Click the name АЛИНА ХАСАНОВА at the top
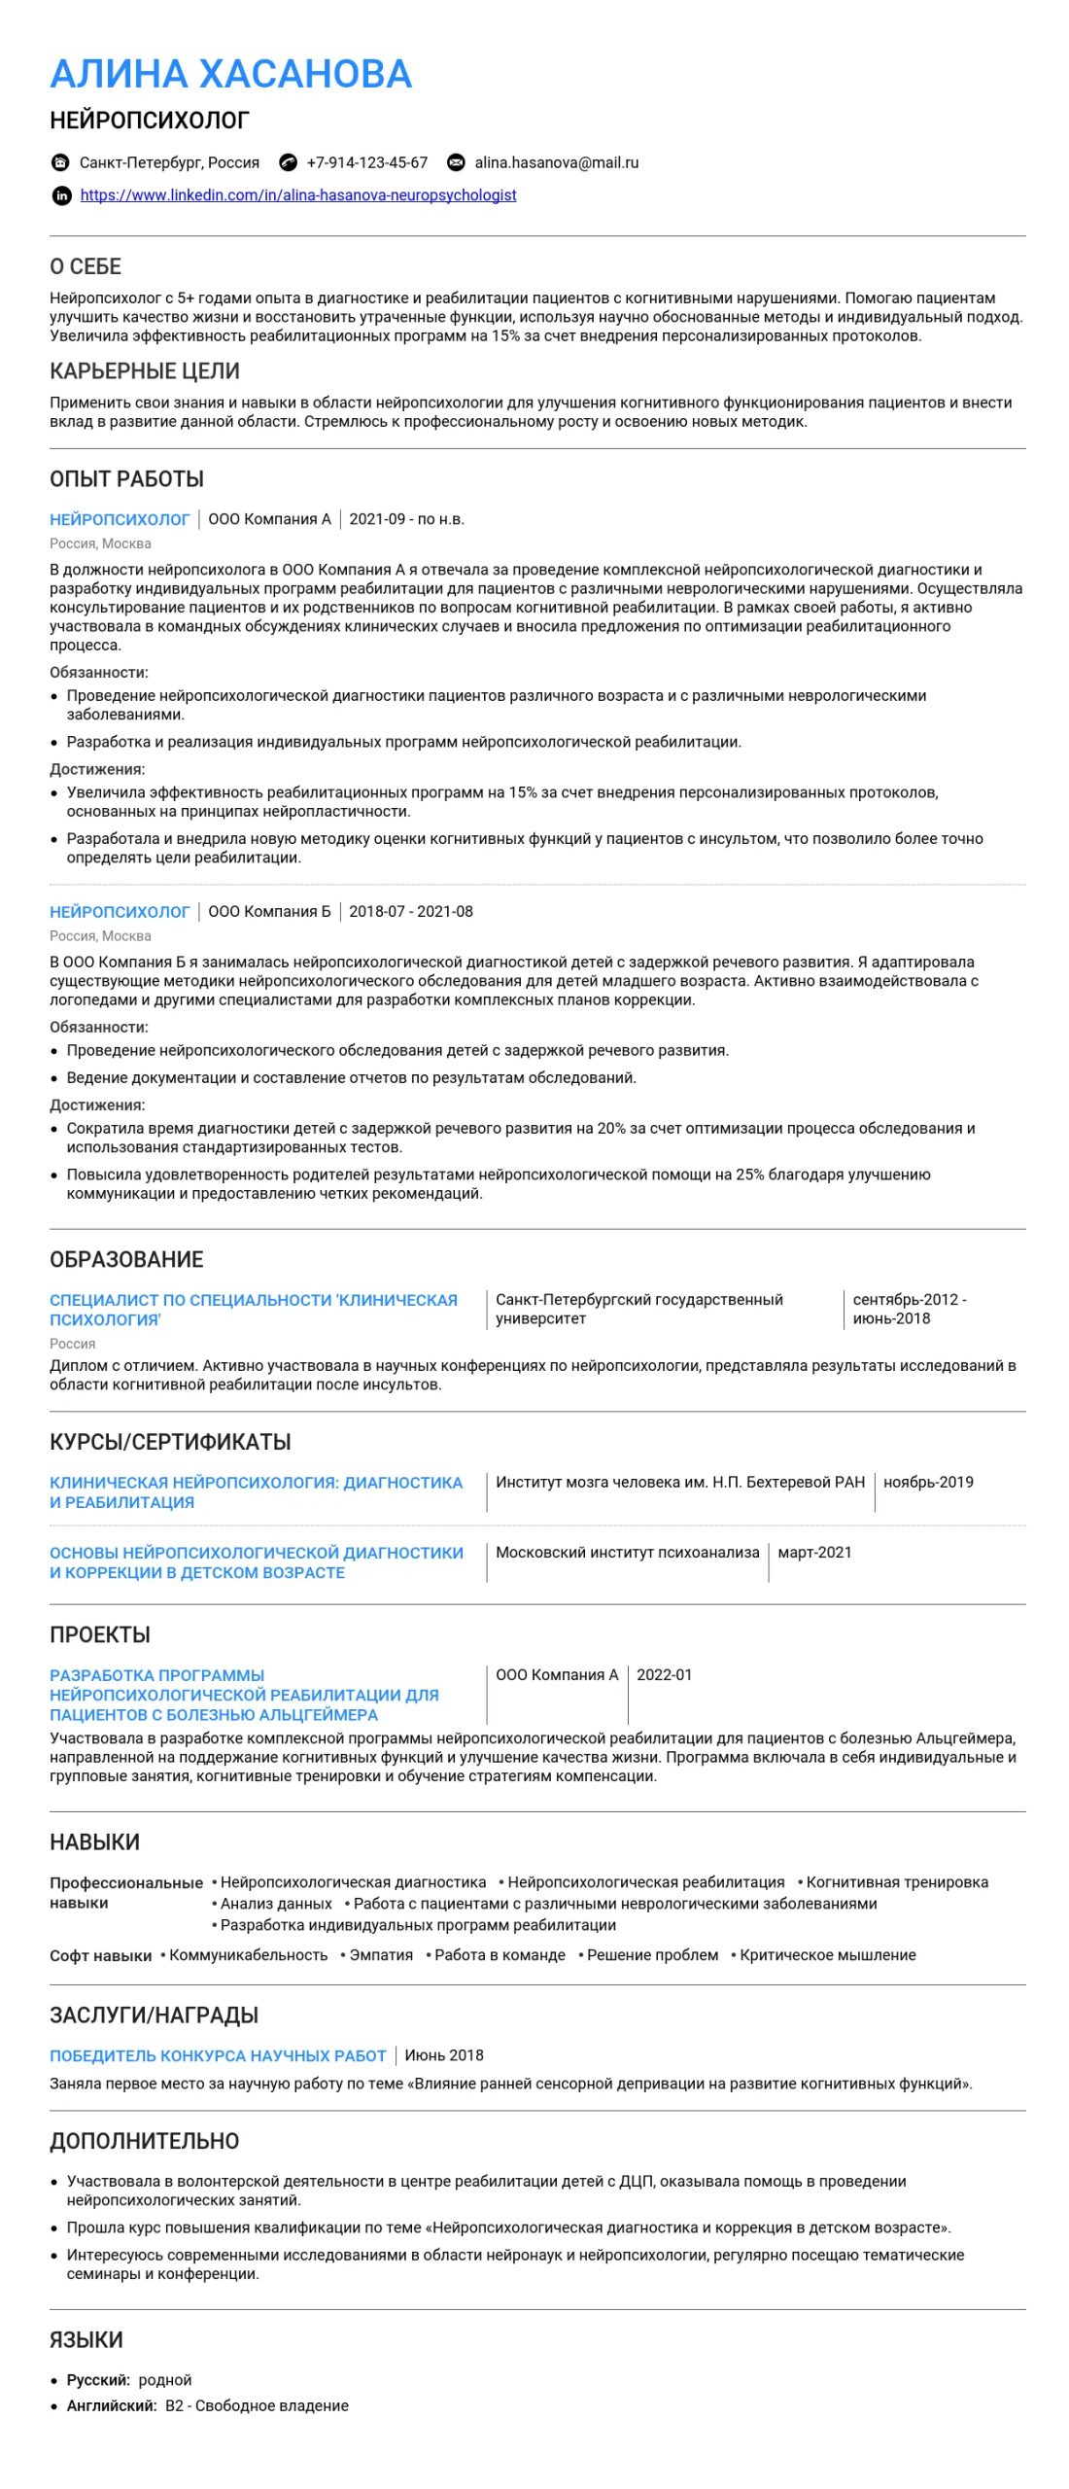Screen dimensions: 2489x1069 pyautogui.click(x=230, y=74)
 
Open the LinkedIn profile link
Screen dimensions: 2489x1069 pyautogui.click(x=297, y=195)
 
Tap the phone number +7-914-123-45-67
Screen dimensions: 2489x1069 pyautogui.click(x=366, y=162)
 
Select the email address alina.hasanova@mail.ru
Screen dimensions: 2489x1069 pyautogui.click(x=556, y=162)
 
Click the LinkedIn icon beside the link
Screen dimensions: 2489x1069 pyautogui.click(x=61, y=195)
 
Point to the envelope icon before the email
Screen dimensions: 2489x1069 pyautogui.click(x=455, y=162)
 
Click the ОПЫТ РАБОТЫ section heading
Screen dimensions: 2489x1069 pyautogui.click(x=126, y=478)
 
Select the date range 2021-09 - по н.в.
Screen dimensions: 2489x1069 pyautogui.click(x=406, y=519)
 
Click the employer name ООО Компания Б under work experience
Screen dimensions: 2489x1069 pyautogui.click(x=269, y=911)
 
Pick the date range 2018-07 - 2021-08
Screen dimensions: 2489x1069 pyautogui.click(x=411, y=911)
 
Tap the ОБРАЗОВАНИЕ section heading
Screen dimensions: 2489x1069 pyautogui.click(x=126, y=1259)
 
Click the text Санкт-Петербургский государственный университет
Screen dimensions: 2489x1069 pyautogui.click(x=638, y=1309)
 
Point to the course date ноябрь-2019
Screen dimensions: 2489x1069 pyautogui.click(x=928, y=1482)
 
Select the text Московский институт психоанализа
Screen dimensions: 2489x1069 pyautogui.click(x=627, y=1552)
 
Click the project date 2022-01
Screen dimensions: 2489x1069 pyautogui.click(x=665, y=1674)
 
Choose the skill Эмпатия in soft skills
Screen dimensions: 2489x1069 pyautogui.click(x=381, y=1955)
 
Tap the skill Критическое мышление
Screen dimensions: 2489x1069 pyautogui.click(x=827, y=1955)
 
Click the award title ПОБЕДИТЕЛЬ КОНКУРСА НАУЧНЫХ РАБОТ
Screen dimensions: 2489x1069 pyautogui.click(x=218, y=2055)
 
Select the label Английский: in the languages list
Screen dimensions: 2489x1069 pyautogui.click(x=111, y=2405)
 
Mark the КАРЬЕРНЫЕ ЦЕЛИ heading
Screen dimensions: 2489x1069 pyautogui.click(x=145, y=370)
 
